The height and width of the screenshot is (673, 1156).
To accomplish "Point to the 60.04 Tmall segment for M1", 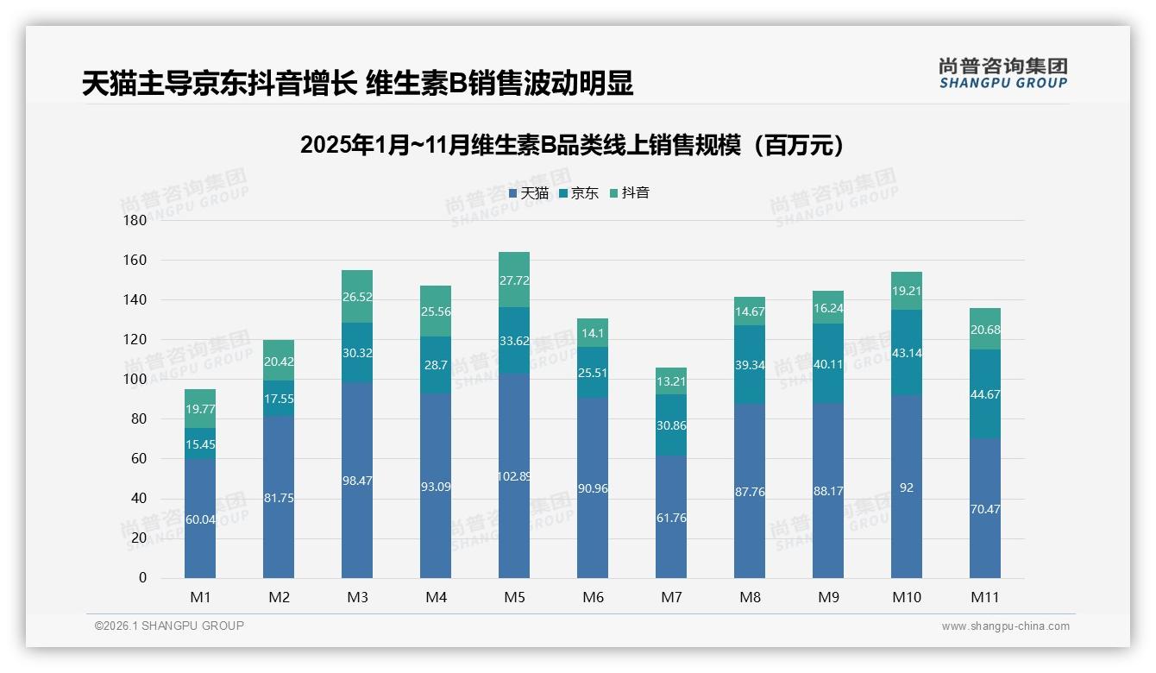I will point(200,519).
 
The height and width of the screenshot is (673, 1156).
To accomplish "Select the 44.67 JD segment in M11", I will point(985,395).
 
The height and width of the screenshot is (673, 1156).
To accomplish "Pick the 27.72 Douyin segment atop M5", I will point(514,280).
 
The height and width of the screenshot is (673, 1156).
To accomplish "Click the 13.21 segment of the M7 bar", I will point(671,381).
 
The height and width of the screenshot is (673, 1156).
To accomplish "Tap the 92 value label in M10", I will point(907,487).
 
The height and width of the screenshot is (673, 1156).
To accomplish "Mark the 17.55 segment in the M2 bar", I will point(279,399).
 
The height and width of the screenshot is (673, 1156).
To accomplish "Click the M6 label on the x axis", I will point(593,597).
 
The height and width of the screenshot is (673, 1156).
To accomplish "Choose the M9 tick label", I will point(828,597).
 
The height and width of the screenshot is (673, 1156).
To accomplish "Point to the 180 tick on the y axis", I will point(136,221).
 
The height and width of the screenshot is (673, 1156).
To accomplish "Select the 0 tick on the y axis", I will point(142,578).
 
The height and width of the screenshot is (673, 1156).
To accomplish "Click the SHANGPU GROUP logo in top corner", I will point(1002,73).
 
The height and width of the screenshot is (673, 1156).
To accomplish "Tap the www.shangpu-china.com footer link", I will point(1005,626).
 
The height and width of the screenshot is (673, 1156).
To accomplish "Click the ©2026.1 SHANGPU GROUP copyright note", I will point(169,626).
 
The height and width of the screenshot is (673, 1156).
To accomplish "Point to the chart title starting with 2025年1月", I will point(571,146).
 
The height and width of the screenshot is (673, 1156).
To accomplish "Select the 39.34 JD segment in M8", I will point(750,365).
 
